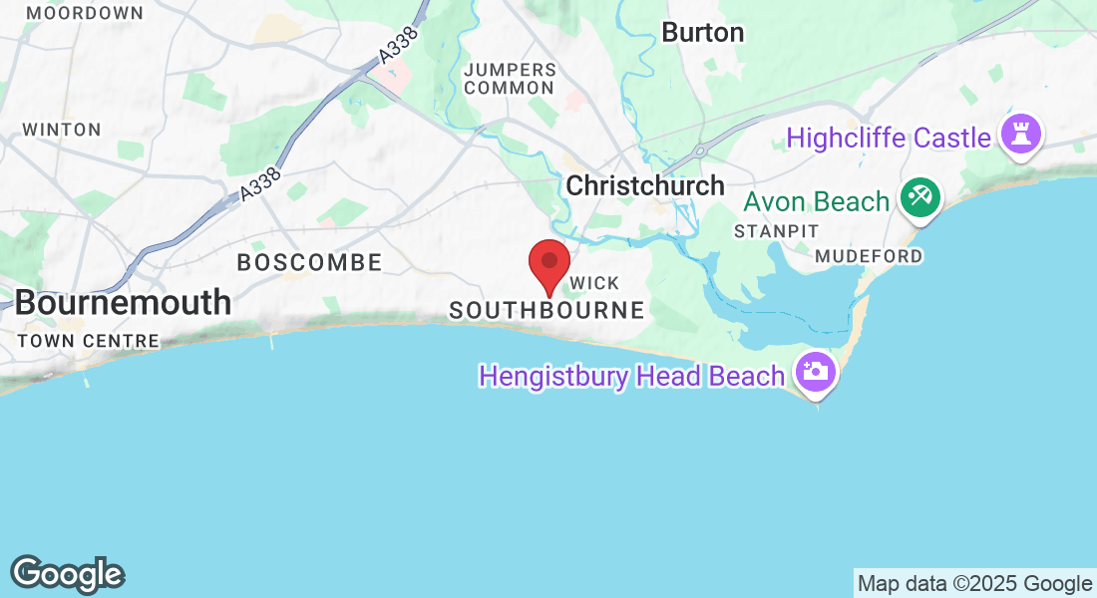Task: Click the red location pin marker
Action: point(548,265)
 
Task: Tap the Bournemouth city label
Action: point(123,302)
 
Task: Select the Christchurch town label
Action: point(645,185)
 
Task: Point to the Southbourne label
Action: point(547,311)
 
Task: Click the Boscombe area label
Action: point(309,263)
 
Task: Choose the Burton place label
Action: point(703,33)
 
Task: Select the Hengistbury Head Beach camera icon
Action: point(815,374)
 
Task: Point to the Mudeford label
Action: point(869,256)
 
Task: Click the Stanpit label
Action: point(776,231)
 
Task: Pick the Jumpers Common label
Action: point(510,79)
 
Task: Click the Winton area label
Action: point(62,130)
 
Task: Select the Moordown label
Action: point(85,13)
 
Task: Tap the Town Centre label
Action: point(88,341)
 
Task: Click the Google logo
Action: point(68,574)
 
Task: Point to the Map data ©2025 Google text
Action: point(975,584)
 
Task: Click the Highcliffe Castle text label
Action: point(889,138)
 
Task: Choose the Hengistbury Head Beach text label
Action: point(632,376)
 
